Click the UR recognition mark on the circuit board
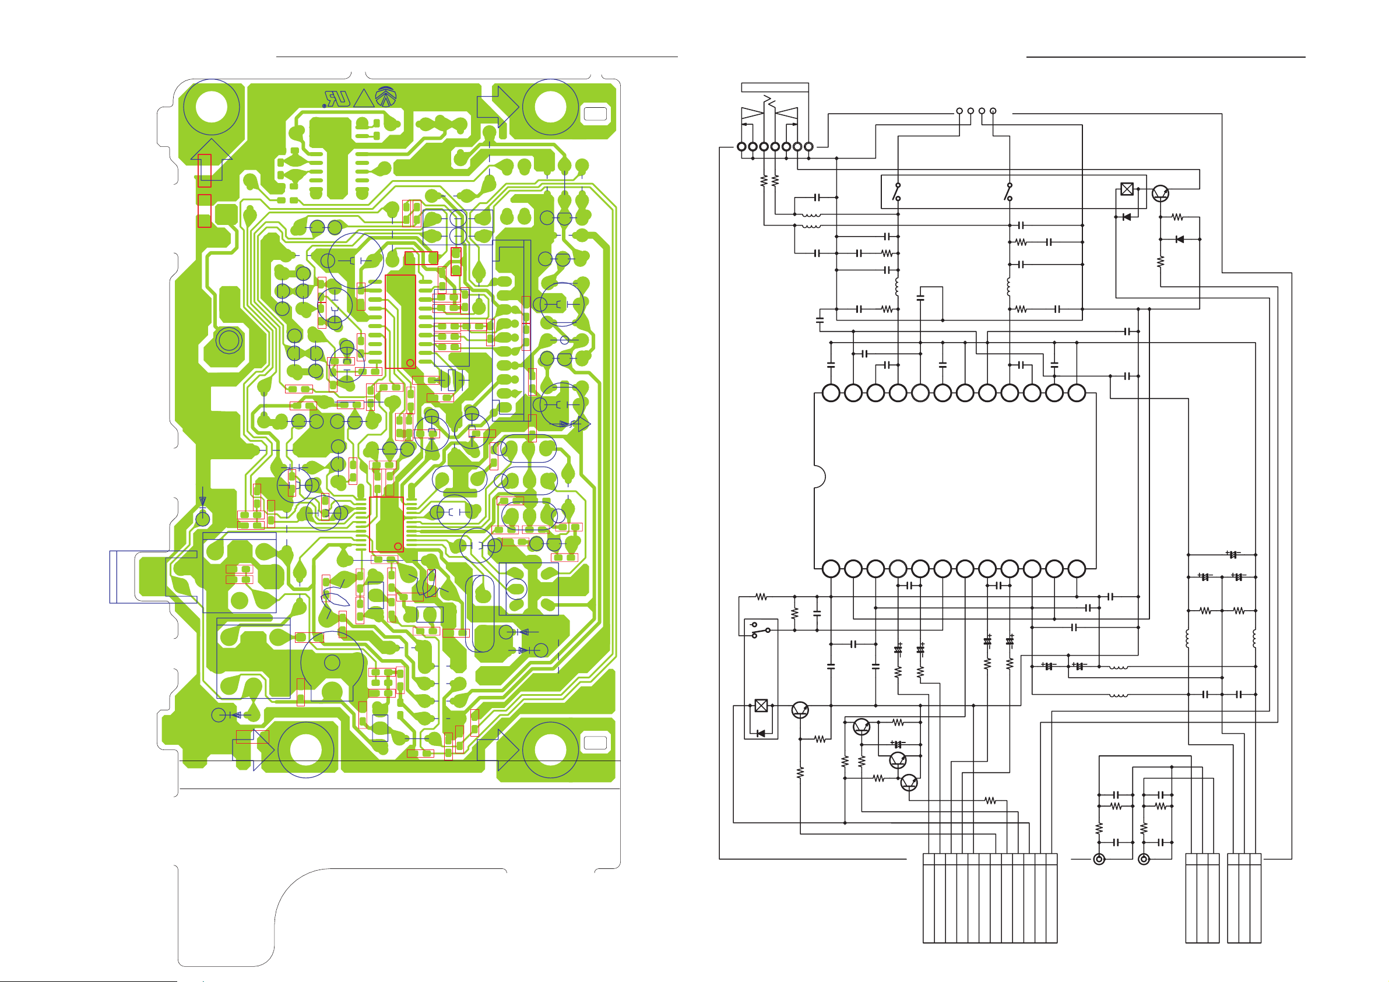pos(337,98)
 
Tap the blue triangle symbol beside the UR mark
pos(364,98)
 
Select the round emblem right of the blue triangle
pos(386,97)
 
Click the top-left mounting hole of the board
pos(211,107)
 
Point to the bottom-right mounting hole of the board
pos(550,749)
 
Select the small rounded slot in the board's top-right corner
pos(595,114)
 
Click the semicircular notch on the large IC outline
pos(820,477)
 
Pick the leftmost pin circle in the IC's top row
pos(831,393)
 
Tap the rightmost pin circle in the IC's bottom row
pos(1076,569)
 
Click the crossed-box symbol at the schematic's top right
pos(1127,189)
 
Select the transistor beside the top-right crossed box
pos(1160,193)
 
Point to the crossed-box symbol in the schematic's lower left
pos(761,706)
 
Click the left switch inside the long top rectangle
pos(898,192)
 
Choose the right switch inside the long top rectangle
pos(1009,192)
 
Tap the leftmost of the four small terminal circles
pos(959,111)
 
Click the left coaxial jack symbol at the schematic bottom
pos(1099,859)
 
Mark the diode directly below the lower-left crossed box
pos(761,733)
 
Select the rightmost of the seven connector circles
pos(808,146)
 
